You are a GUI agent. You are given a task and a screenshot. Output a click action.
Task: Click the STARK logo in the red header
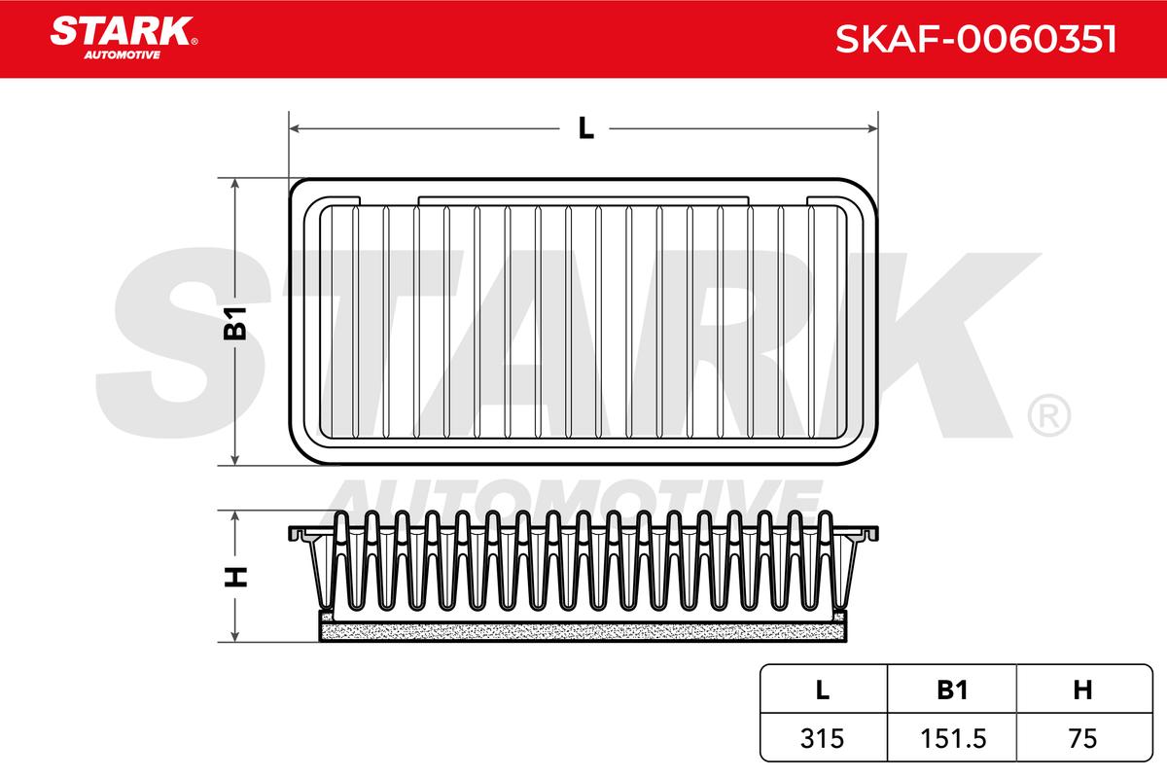[x=124, y=38]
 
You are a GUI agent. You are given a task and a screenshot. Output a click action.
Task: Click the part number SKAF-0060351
[x=975, y=39]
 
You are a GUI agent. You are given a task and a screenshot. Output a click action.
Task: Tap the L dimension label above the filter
[x=586, y=128]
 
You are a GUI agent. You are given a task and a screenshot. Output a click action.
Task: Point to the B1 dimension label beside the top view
[x=235, y=323]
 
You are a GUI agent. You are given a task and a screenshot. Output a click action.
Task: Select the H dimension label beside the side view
[x=235, y=577]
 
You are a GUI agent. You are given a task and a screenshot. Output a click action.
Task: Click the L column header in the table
[x=822, y=690]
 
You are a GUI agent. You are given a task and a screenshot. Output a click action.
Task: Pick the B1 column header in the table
[x=952, y=690]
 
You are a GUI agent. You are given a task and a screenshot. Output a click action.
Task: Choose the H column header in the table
[x=1082, y=690]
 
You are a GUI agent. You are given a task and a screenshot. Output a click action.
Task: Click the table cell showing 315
[x=822, y=738]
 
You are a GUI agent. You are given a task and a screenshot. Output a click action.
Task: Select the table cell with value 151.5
[x=953, y=738]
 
